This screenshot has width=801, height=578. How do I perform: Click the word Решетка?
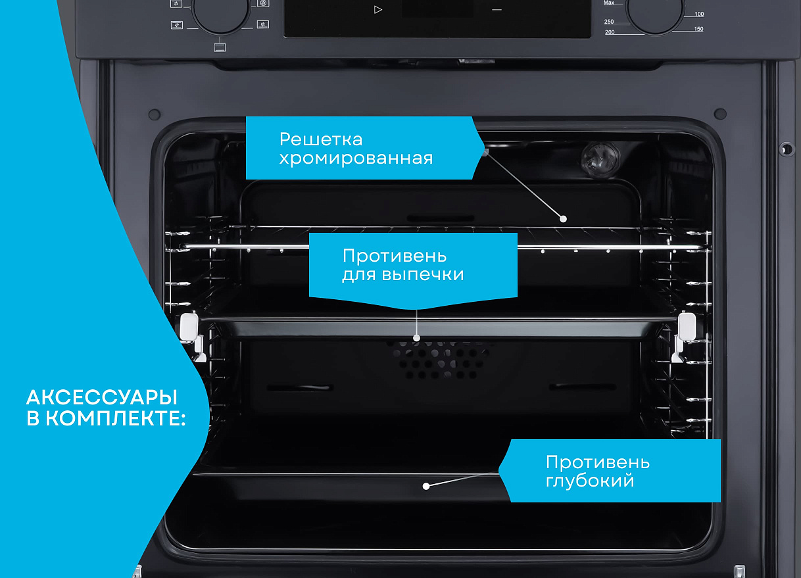(x=321, y=139)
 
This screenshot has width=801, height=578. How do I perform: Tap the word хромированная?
(x=356, y=158)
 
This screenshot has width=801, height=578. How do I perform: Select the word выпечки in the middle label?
(x=423, y=274)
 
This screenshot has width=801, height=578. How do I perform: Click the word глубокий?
(x=590, y=481)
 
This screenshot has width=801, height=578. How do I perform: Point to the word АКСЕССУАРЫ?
(x=102, y=397)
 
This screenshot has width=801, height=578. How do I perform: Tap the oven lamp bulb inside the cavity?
(x=600, y=157)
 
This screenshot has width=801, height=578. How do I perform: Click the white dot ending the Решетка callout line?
(x=563, y=219)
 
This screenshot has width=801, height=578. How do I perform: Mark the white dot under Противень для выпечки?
(x=416, y=338)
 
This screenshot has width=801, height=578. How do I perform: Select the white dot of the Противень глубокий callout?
(x=426, y=486)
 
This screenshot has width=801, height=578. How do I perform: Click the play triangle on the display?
(x=378, y=10)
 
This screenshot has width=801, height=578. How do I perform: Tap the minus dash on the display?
(x=497, y=10)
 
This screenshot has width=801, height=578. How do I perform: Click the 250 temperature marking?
(x=609, y=22)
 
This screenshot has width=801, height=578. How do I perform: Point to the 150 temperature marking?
(x=698, y=29)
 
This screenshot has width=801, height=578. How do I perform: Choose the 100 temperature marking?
(x=699, y=14)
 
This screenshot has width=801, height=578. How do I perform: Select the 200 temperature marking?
(x=610, y=32)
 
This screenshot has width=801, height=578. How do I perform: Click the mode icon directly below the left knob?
(x=220, y=47)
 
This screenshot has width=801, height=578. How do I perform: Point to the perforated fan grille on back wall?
(x=438, y=359)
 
